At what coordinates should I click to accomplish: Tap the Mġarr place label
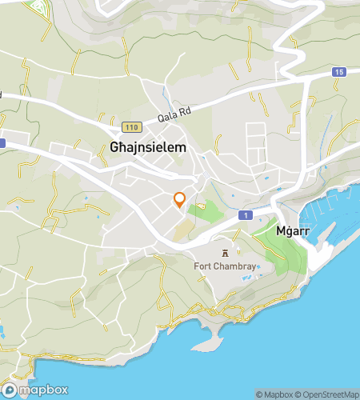[291, 230]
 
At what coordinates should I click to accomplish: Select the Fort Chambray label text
[226, 266]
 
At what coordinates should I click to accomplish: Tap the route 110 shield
[131, 127]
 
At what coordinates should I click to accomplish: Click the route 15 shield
[339, 73]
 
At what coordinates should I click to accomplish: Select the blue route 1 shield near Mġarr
[245, 216]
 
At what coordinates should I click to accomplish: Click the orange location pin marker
[180, 200]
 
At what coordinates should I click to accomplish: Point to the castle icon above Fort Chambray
[225, 254]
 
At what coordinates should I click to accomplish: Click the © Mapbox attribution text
[274, 394]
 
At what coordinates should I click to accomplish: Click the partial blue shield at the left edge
[2, 142]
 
